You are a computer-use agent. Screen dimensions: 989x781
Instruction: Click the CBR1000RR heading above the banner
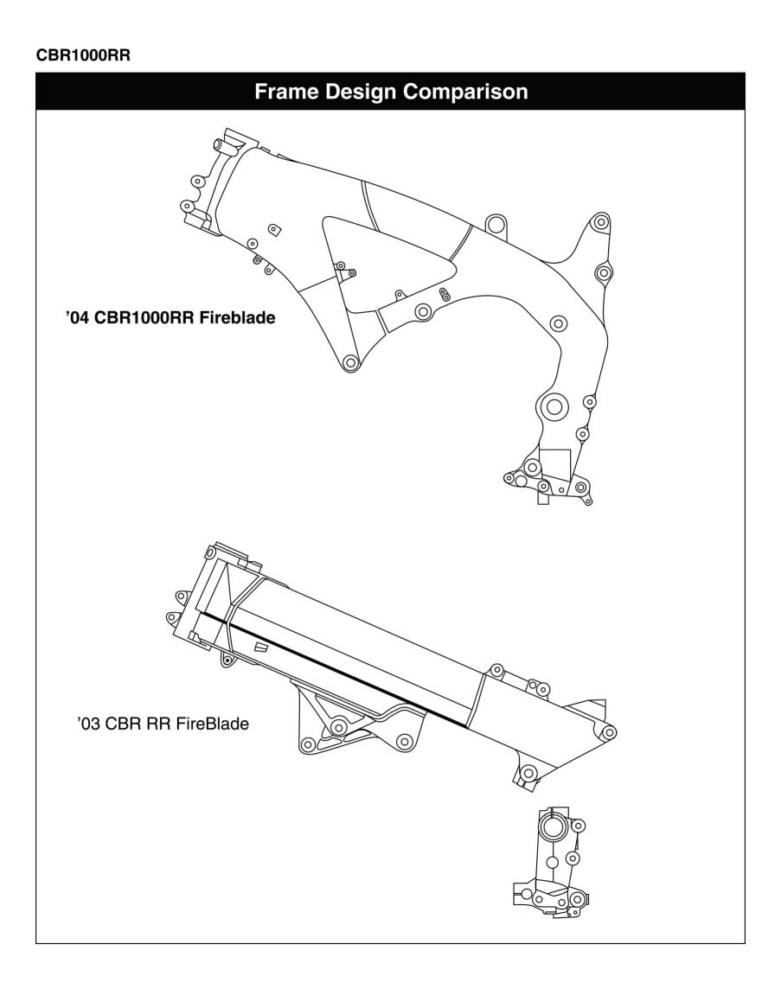[83, 54]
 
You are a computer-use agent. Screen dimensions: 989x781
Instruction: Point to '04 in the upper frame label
[77, 317]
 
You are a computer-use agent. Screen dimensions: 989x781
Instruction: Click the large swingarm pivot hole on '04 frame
[552, 405]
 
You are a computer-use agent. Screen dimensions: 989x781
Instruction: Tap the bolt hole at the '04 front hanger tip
[350, 362]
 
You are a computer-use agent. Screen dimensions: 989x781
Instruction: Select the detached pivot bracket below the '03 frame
[550, 869]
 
